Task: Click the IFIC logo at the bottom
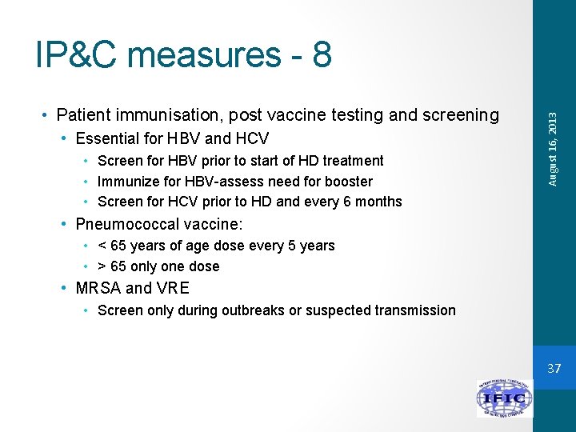pos(504,398)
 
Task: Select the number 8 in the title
pos(322,54)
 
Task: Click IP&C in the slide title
pos(77,54)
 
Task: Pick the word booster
pos(348,182)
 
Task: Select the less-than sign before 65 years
pos(102,246)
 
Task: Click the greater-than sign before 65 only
pos(102,266)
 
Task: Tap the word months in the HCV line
pos(378,202)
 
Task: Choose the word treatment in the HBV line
pos(354,161)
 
